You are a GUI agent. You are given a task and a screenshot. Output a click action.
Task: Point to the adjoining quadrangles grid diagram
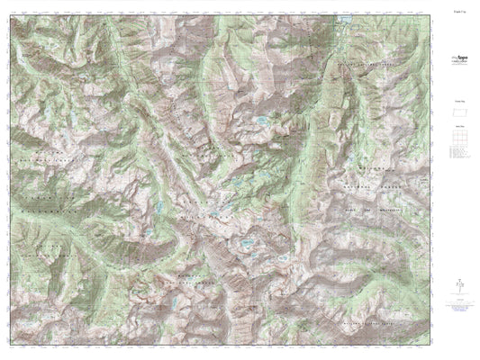tap(458, 140)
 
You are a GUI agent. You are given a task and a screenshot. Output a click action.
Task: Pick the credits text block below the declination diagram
tap(458, 310)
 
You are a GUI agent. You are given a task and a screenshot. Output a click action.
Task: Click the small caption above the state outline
tap(458, 103)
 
